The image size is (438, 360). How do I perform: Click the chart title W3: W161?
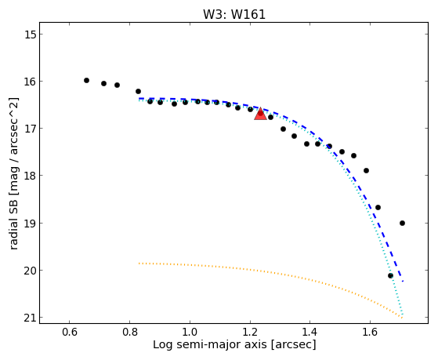[x=234, y=14]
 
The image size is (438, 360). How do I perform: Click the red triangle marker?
[x=260, y=114]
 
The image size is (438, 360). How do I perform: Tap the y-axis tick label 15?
[x=29, y=35]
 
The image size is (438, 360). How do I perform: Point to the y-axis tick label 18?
[x=29, y=176]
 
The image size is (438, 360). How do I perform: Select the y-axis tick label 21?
[x=29, y=318]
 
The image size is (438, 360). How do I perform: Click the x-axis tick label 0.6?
[x=69, y=333]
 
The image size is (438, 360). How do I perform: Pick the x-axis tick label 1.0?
[x=190, y=333]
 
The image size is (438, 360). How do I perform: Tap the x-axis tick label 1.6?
[x=370, y=333]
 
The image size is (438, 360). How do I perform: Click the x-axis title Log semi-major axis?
[x=210, y=345]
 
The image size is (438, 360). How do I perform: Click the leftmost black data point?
[x=87, y=80]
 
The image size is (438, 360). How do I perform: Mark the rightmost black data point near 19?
[x=402, y=224]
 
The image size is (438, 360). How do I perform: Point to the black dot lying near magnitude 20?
[x=390, y=276]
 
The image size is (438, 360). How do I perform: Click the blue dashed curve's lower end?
[x=403, y=282]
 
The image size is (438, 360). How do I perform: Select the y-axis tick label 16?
[x=29, y=82]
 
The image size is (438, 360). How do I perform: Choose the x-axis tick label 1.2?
[x=250, y=333]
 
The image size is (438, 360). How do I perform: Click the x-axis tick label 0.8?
[x=129, y=333]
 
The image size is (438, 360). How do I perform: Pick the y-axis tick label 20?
[x=29, y=271]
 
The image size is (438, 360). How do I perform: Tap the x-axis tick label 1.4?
[x=309, y=333]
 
